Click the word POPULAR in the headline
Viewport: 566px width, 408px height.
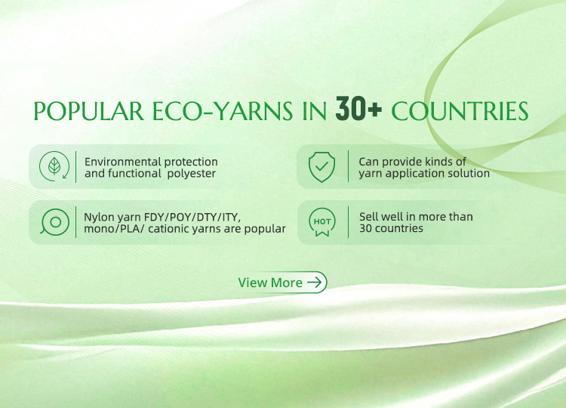tap(88, 111)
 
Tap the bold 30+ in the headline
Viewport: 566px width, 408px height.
tap(358, 109)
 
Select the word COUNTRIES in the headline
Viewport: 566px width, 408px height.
tap(460, 111)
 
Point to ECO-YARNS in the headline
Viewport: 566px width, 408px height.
tap(223, 111)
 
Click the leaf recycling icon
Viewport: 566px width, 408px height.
tap(54, 166)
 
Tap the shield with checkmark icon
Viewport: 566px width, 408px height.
tap(321, 166)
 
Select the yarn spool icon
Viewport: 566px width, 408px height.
tap(55, 222)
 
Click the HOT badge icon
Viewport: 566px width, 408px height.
tap(322, 222)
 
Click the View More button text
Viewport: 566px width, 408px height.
tap(270, 283)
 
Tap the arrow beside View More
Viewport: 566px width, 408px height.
tap(315, 283)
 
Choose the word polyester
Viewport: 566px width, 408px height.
tap(192, 174)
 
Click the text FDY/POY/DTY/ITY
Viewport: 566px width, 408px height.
tap(192, 217)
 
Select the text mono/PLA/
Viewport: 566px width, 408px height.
tap(114, 229)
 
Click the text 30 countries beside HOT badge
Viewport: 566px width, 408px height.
tap(391, 228)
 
